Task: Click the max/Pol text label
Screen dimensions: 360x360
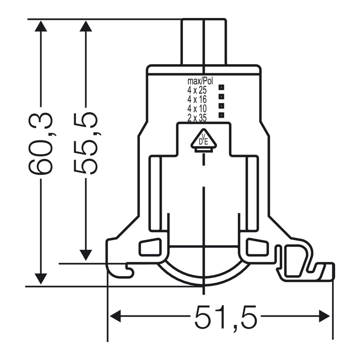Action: tap(200, 81)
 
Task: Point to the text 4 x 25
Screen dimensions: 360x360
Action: tap(197, 90)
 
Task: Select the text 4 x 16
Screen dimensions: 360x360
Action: tap(197, 99)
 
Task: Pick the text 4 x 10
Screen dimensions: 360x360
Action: tap(197, 108)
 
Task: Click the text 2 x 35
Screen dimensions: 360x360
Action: tap(197, 118)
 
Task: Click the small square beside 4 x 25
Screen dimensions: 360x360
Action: tap(221, 87)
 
